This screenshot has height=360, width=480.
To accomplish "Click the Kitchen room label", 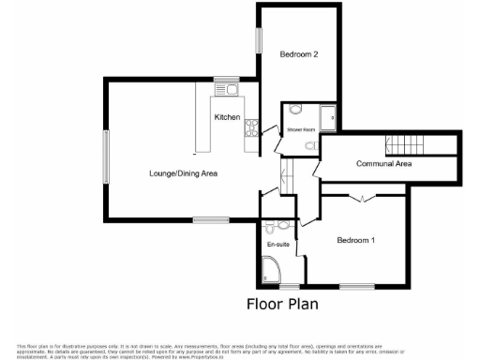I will [x=228, y=117].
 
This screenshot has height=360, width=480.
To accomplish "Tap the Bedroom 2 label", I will [x=299, y=55].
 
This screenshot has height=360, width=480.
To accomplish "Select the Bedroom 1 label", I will [x=355, y=240].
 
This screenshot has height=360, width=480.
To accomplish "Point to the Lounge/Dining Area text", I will [x=183, y=173].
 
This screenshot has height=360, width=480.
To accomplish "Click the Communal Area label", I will [x=384, y=164].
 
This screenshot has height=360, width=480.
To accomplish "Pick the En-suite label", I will [x=278, y=244].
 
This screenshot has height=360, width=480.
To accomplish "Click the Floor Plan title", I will [x=282, y=303].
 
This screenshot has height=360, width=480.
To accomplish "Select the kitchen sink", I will [x=232, y=91].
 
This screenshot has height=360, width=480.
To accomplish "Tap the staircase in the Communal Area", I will [x=409, y=145].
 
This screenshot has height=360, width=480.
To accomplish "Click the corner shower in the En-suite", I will [x=273, y=273].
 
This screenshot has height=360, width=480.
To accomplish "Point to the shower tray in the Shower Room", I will [x=329, y=117].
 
